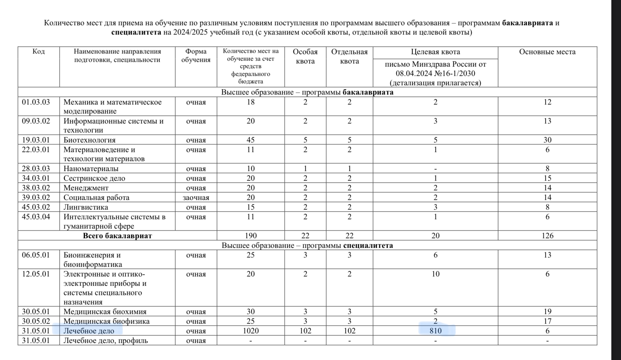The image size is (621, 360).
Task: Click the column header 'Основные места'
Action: pyautogui.click(x=547, y=52)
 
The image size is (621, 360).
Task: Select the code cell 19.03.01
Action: pyautogui.click(x=36, y=140)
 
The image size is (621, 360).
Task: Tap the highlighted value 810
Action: pyautogui.click(x=435, y=331)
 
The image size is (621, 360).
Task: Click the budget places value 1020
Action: pyautogui.click(x=250, y=331)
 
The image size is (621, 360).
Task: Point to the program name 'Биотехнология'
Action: pyautogui.click(x=90, y=140)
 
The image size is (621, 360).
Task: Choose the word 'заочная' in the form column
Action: pyautogui.click(x=196, y=197)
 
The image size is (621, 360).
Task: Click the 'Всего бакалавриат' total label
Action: pyautogui.click(x=117, y=236)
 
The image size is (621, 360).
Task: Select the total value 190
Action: pyautogui.click(x=250, y=236)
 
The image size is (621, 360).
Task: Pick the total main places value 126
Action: pyautogui.click(x=547, y=236)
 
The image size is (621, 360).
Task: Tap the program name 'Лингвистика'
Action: pyautogui.click(x=86, y=207)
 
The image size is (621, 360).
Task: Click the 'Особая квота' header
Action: pyautogui.click(x=305, y=56)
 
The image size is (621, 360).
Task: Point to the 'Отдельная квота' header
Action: pyautogui.click(x=349, y=56)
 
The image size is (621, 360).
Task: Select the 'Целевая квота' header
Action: pyautogui.click(x=435, y=52)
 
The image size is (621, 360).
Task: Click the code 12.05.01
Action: pyautogui.click(x=36, y=274)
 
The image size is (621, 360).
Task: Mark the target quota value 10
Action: pyautogui.click(x=435, y=274)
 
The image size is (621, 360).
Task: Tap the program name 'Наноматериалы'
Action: pyautogui.click(x=91, y=168)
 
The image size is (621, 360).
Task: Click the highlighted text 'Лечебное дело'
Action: pyautogui.click(x=89, y=331)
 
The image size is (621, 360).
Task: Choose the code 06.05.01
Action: pyautogui.click(x=36, y=255)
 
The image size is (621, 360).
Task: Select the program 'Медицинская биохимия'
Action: pyautogui.click(x=105, y=312)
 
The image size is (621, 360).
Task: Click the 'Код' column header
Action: pyautogui.click(x=39, y=51)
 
